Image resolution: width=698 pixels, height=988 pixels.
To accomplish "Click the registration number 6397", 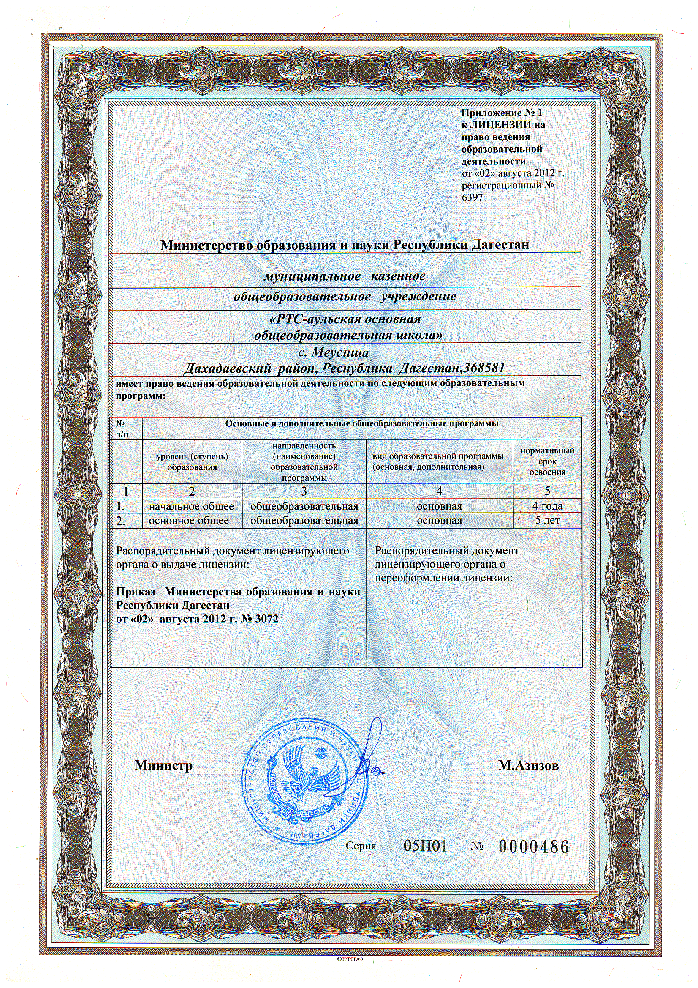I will tap(472, 197).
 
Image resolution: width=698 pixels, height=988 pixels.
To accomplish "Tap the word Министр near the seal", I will tap(163, 766).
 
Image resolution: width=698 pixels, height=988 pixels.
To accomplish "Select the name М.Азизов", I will tap(528, 766).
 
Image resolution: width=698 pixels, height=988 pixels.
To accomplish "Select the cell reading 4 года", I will tap(547, 506).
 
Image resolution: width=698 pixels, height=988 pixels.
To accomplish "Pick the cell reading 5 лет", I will tap(547, 520).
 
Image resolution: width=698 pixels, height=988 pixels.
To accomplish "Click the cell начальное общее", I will tap(191, 507).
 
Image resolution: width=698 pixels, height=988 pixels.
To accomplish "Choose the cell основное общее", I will tap(189, 521).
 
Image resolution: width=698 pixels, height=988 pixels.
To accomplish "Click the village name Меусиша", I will tap(339, 353).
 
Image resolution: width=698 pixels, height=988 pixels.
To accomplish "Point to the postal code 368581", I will tap(482, 368).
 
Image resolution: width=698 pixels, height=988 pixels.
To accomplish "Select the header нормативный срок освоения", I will tap(547, 461).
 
